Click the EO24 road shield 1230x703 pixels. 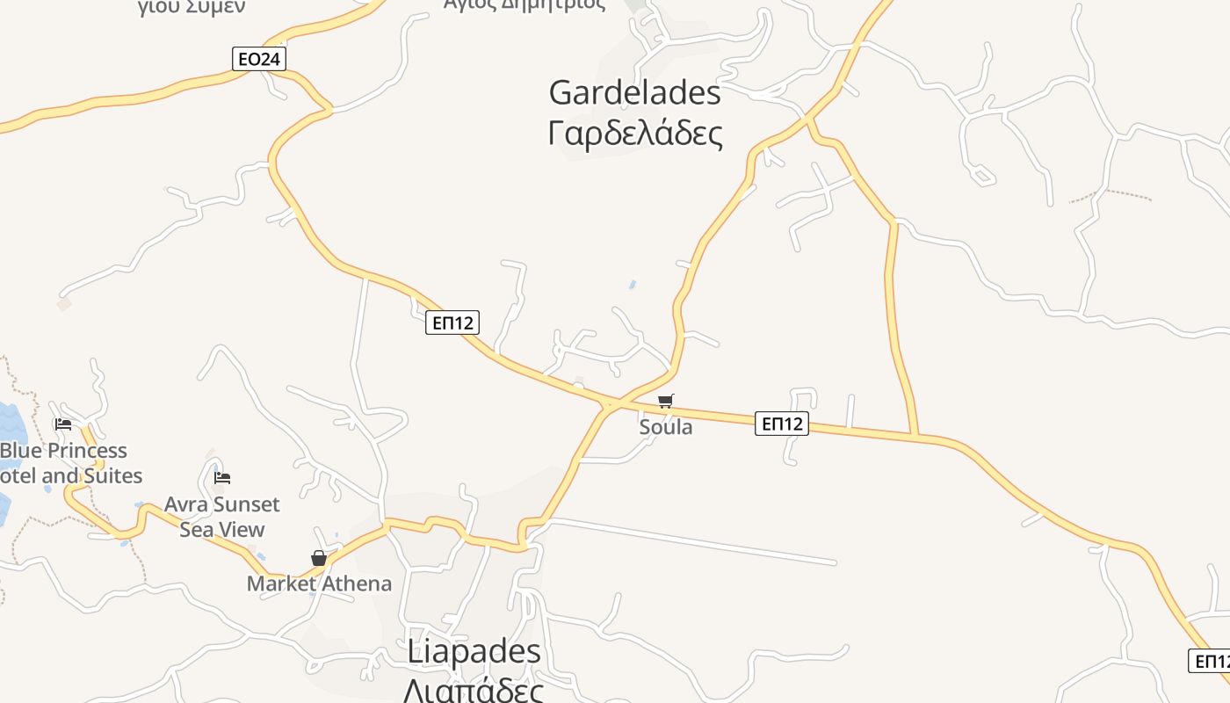pyautogui.click(x=259, y=59)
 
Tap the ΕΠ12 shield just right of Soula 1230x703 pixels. pyautogui.click(x=781, y=424)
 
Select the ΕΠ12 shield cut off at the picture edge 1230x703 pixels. pyautogui.click(x=1211, y=660)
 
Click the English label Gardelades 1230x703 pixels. pyautogui.click(x=634, y=92)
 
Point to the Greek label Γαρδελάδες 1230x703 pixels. pyautogui.click(x=635, y=134)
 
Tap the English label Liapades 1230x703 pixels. pyautogui.click(x=474, y=651)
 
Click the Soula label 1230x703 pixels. pyautogui.click(x=666, y=427)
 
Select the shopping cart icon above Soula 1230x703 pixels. pyautogui.click(x=666, y=402)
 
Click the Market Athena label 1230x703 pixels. pyautogui.click(x=319, y=583)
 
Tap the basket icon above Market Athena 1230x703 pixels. pyautogui.click(x=319, y=558)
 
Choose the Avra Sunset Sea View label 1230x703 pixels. pyautogui.click(x=222, y=517)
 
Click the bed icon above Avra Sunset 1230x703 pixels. pyautogui.click(x=222, y=478)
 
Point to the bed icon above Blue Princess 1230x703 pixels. pyautogui.click(x=63, y=424)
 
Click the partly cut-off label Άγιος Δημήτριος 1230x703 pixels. pyautogui.click(x=525, y=4)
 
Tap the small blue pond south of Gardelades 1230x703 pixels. pyautogui.click(x=633, y=285)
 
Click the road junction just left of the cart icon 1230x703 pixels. pyautogui.click(x=608, y=405)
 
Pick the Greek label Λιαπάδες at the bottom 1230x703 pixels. pyautogui.click(x=474, y=690)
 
